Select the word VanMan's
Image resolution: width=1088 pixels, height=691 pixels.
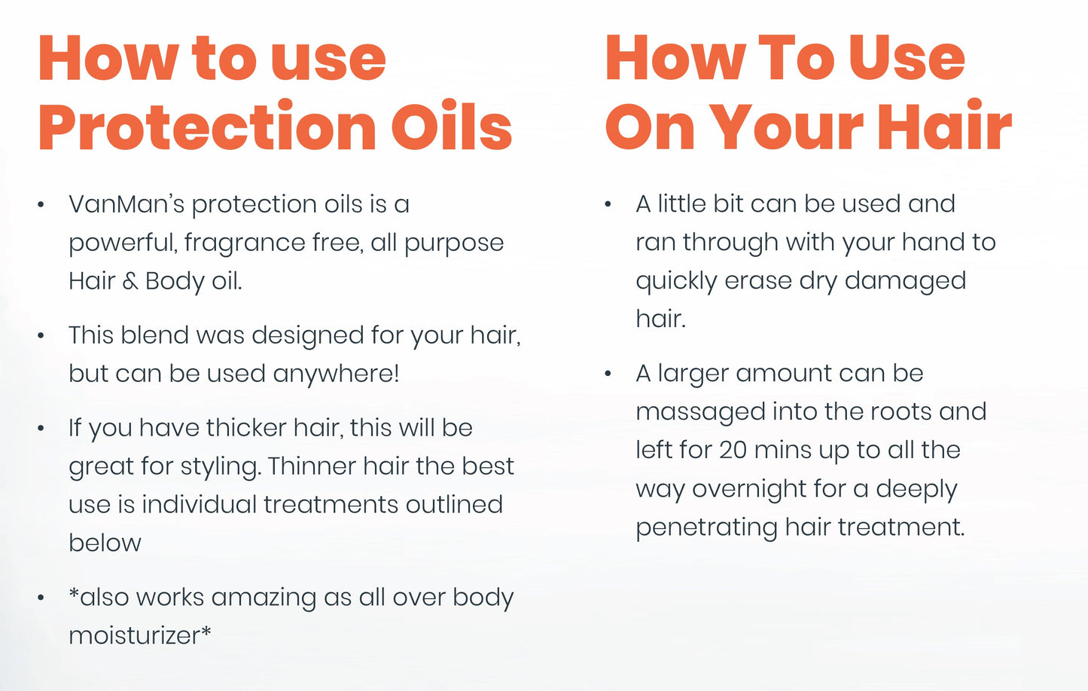pos(126,204)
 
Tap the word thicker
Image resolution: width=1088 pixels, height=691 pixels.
pos(245,428)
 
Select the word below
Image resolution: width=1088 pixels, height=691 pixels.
pos(105,543)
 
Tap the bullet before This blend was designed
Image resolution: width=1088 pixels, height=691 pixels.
pos(41,335)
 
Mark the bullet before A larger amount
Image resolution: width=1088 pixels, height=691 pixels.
pos(608,374)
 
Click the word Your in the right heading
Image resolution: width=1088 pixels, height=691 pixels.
pos(787,127)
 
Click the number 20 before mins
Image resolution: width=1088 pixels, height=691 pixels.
pos(733,451)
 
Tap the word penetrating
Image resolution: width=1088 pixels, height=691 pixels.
pos(706,527)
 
